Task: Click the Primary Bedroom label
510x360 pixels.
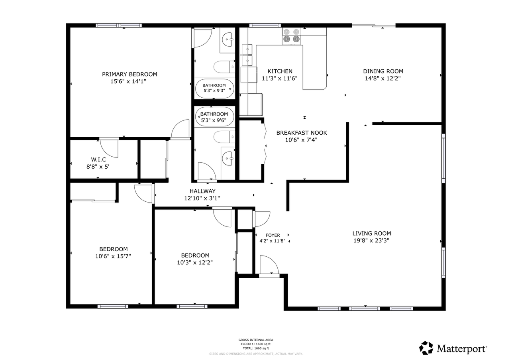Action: tap(129, 74)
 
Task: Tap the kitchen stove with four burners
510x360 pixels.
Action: tap(291, 35)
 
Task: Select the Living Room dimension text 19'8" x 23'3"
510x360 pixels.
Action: tap(371, 240)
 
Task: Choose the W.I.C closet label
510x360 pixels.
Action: tap(98, 159)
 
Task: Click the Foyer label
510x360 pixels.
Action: tap(273, 235)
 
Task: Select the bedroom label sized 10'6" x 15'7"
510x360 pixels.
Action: tap(113, 249)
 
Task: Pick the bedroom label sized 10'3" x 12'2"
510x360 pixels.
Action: tap(195, 256)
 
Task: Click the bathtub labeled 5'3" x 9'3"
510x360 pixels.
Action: tap(214, 89)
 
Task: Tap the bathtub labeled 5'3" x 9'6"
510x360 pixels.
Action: tap(214, 116)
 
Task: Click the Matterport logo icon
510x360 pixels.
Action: tap(426, 348)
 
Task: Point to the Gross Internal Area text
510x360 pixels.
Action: tap(255, 340)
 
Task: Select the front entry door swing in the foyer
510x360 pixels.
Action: tap(268, 265)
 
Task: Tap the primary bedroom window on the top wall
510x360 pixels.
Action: tap(119, 26)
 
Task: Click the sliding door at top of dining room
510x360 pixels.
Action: tap(374, 26)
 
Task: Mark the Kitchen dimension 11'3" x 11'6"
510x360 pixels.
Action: tap(279, 79)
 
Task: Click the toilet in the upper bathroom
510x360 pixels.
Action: tap(223, 67)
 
